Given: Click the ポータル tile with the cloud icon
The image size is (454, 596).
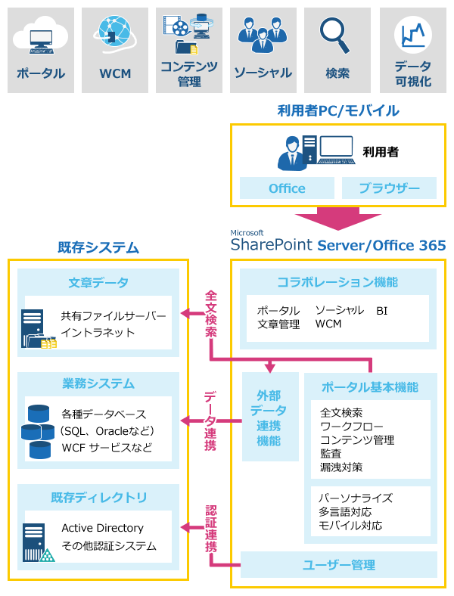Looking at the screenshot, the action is [41, 50].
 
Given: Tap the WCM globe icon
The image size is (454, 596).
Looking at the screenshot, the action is [115, 34].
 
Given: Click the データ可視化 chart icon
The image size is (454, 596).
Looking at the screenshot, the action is [413, 35].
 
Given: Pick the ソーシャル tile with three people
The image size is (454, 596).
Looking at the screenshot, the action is [263, 50].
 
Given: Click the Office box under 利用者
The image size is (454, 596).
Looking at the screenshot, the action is [287, 188].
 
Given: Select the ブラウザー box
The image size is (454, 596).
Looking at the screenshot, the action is [390, 188].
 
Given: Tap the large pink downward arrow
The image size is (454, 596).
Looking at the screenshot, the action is [338, 219].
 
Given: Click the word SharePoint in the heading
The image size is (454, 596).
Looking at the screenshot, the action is [272, 245].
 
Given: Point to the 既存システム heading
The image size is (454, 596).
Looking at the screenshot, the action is [98, 247].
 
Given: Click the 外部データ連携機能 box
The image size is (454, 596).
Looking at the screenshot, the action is [270, 417].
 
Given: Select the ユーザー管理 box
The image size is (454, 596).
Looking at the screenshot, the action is [339, 565].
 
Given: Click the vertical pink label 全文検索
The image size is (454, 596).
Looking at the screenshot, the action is [210, 314].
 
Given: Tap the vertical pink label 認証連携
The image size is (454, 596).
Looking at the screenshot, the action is [210, 529].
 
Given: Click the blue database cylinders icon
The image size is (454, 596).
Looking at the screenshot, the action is [38, 432].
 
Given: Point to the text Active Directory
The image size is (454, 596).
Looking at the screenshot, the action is [103, 528].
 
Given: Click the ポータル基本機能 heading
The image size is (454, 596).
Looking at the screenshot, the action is [370, 387].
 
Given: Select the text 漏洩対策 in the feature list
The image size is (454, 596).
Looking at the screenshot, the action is [341, 467].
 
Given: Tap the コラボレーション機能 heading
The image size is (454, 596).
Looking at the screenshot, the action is [337, 282].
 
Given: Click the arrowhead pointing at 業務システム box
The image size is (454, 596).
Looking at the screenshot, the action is [185, 421].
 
